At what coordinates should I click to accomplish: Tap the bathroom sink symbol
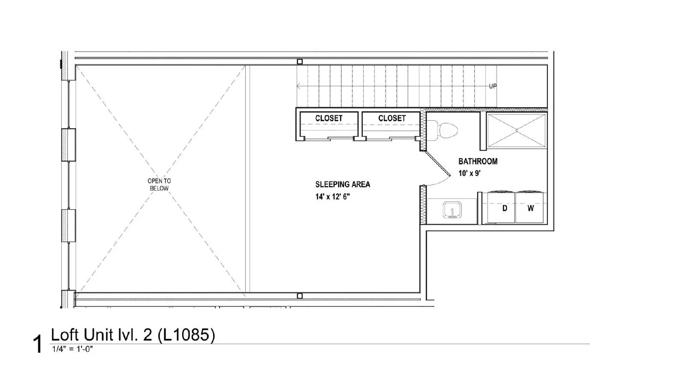[452, 211]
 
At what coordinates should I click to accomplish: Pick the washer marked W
[531, 208]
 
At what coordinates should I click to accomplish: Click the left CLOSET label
[329, 118]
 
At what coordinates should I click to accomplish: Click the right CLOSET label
[392, 118]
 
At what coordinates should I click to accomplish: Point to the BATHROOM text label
[478, 161]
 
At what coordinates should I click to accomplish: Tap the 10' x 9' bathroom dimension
[469, 173]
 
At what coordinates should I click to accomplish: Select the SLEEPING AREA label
[343, 184]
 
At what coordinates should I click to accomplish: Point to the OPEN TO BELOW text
[159, 184]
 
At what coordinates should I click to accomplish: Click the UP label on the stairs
[493, 86]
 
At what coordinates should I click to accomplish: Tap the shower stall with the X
[517, 130]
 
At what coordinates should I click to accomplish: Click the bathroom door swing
[437, 169]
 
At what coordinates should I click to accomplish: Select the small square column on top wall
[300, 62]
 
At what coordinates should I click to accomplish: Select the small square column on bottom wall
[300, 296]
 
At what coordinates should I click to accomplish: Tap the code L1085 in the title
[187, 335]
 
